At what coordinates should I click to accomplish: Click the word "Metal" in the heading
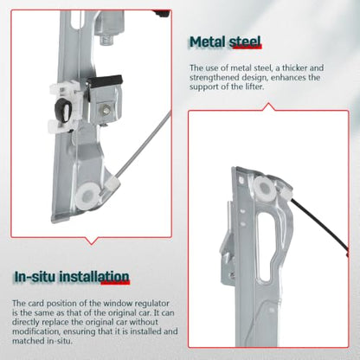[208, 42]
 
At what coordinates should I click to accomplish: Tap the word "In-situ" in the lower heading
[35, 277]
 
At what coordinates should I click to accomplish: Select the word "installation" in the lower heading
[94, 277]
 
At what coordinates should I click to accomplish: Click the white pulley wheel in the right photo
[264, 189]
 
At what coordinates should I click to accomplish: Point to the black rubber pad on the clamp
[105, 80]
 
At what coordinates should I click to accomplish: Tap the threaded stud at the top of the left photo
[108, 39]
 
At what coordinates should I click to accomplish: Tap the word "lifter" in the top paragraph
[253, 87]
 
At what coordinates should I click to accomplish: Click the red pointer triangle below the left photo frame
[92, 241]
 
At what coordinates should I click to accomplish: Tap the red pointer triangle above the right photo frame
[269, 106]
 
